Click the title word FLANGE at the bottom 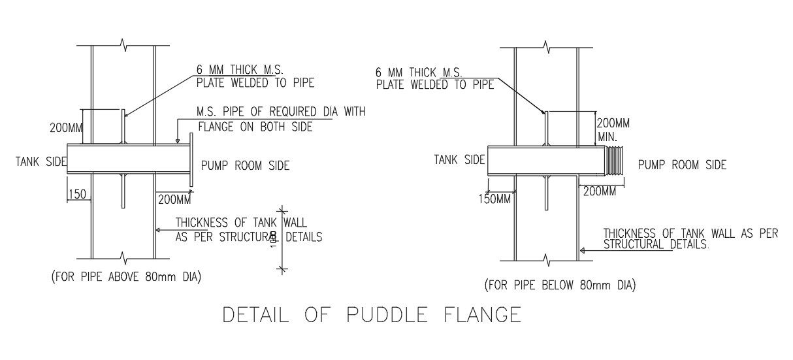480,315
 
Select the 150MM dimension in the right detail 495,199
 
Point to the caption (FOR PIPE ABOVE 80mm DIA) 126,277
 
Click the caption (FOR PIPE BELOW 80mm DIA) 560,286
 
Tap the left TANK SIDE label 40,161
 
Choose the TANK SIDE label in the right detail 459,159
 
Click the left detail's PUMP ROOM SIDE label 245,166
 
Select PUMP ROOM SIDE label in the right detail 682,165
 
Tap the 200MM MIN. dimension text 613,130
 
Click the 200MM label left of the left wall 66,128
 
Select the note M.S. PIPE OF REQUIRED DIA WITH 281,112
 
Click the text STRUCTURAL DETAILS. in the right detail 656,245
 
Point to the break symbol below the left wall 123,257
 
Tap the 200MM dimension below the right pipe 599,191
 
